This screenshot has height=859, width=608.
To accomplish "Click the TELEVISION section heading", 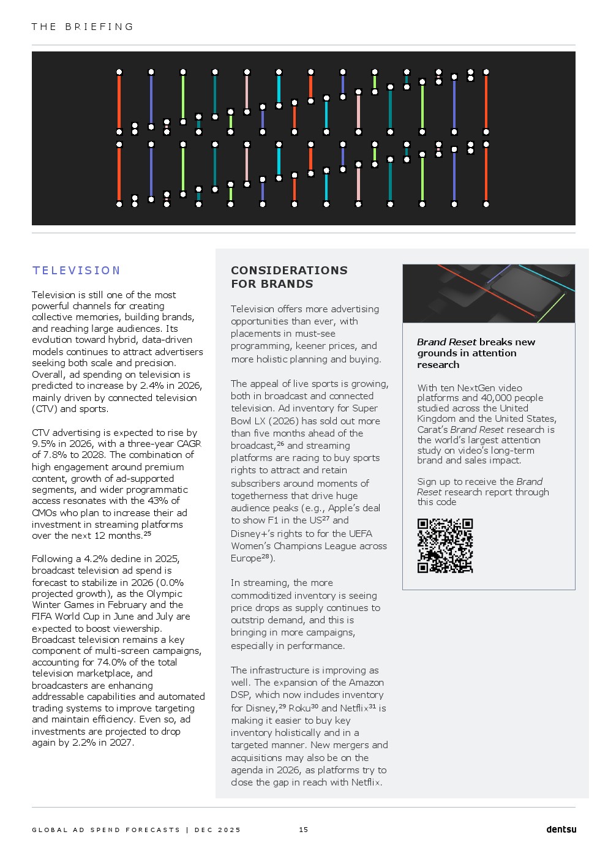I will tap(77, 271).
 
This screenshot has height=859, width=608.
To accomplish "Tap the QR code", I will tap(445, 546).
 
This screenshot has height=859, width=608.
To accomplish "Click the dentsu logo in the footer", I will tap(561, 830).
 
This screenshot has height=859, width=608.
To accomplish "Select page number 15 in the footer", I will tap(304, 830).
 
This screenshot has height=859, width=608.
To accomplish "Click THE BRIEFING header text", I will tap(83, 27).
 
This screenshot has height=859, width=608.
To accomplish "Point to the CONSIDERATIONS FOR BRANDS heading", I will tap(289, 277).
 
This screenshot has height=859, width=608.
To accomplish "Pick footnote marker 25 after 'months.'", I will tap(147, 534).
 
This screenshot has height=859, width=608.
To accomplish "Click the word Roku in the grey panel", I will tap(299, 708).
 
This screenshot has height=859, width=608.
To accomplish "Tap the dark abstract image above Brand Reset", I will tap(488, 293).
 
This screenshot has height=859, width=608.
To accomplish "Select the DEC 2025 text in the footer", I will tap(217, 830).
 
